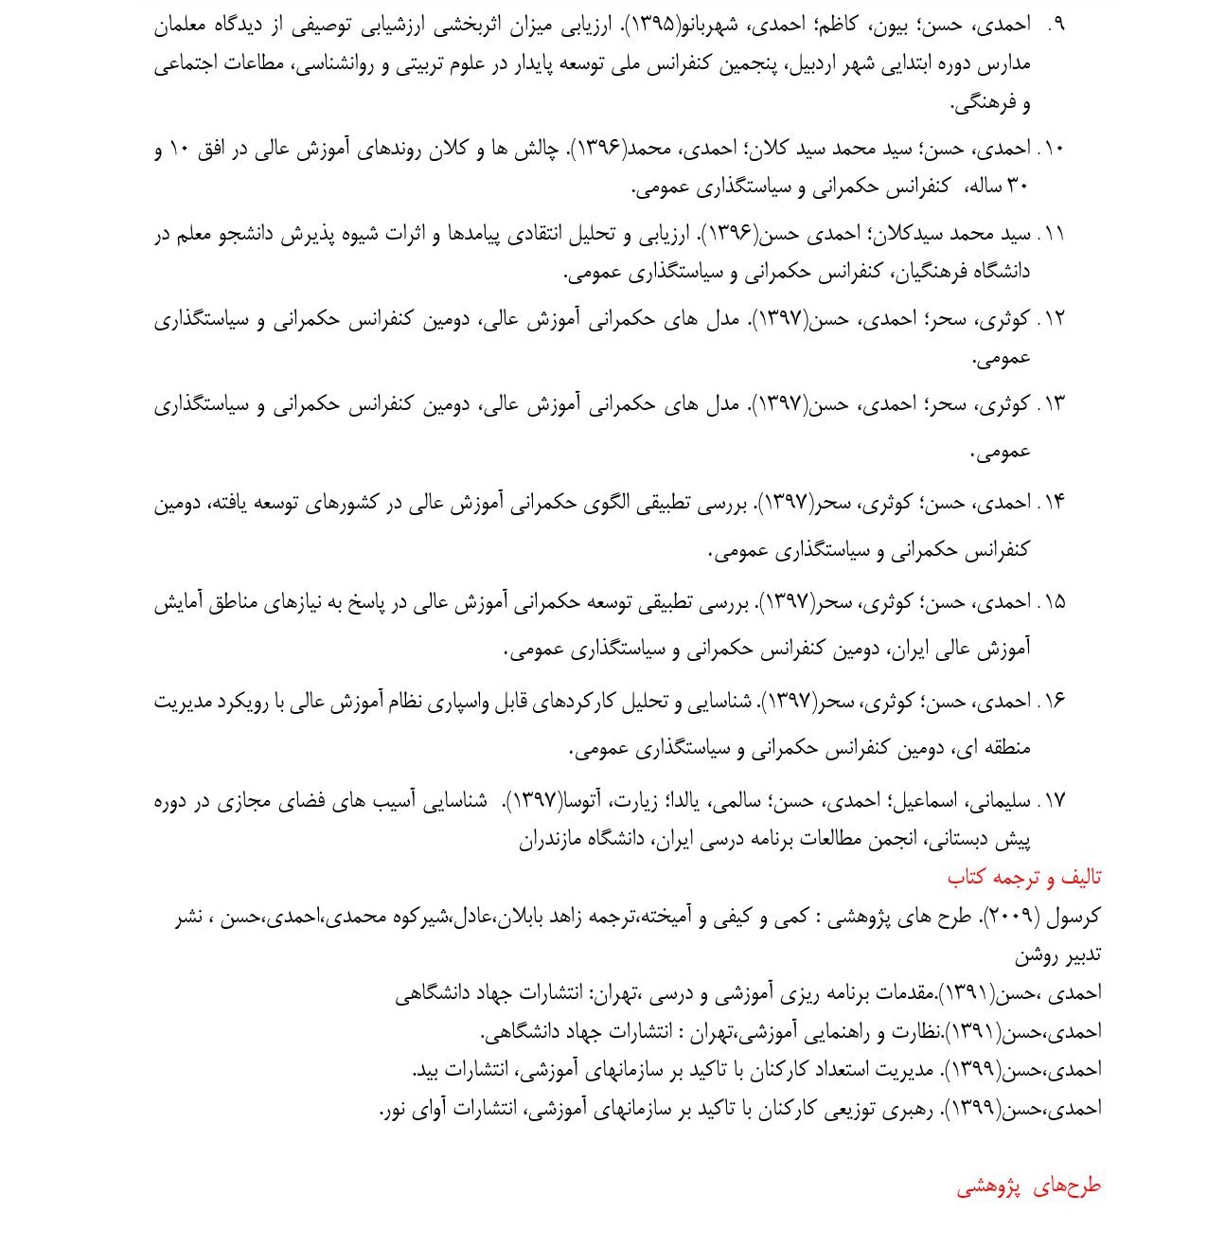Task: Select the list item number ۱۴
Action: click(1052, 503)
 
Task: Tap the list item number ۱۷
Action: click(1052, 801)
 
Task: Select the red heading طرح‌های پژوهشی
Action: click(1028, 1186)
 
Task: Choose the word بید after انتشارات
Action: click(427, 1070)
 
